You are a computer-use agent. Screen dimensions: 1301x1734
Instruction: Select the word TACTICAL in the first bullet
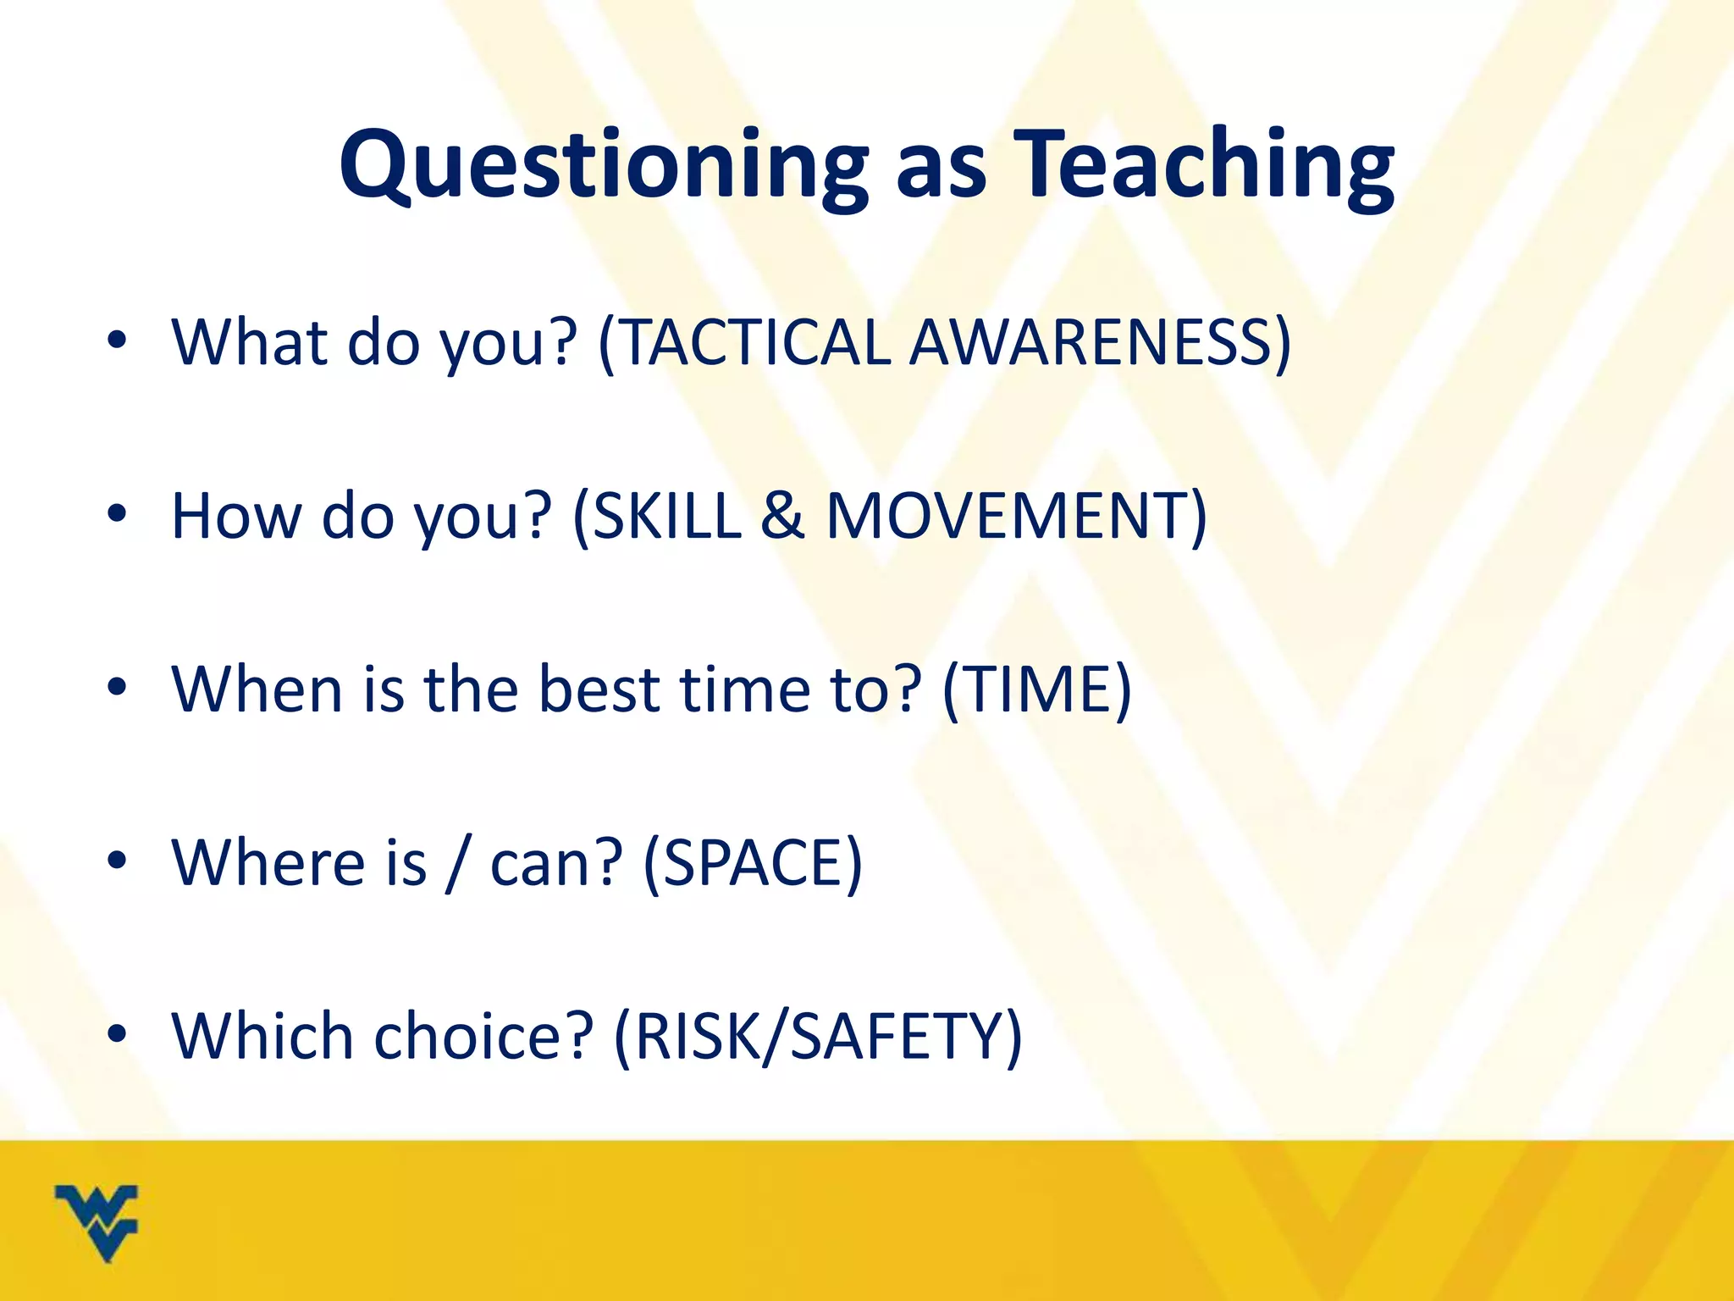(x=754, y=342)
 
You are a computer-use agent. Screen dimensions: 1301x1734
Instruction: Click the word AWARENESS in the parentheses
(x=1092, y=342)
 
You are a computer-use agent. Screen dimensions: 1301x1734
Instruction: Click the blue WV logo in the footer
(x=97, y=1222)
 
